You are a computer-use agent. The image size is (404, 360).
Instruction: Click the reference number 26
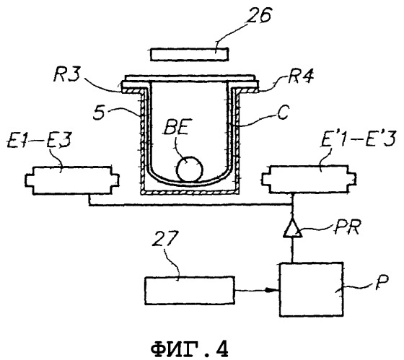pos(258,16)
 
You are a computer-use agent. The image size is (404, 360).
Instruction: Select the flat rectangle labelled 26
pos(189,54)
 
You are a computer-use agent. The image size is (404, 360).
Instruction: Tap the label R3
pos(66,75)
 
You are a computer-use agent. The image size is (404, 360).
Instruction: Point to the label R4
pos(301,76)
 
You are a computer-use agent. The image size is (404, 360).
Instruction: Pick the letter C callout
pos(283,112)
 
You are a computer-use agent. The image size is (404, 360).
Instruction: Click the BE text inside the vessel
pos(177,126)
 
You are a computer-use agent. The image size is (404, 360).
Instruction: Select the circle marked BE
pos(190,169)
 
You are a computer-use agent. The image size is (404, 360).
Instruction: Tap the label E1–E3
pos(39,141)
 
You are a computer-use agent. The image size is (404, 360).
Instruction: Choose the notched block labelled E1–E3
pos(72,180)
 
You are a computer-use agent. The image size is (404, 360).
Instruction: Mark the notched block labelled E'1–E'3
pos(309,180)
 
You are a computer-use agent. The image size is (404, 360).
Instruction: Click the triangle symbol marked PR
pos(292,228)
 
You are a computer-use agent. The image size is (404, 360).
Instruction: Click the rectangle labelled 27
pos(190,291)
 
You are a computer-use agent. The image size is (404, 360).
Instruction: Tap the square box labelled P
pos(312,289)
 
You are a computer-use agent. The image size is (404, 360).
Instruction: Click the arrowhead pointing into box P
pos(274,290)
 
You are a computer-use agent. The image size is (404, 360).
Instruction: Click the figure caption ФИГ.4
pos(190,348)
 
